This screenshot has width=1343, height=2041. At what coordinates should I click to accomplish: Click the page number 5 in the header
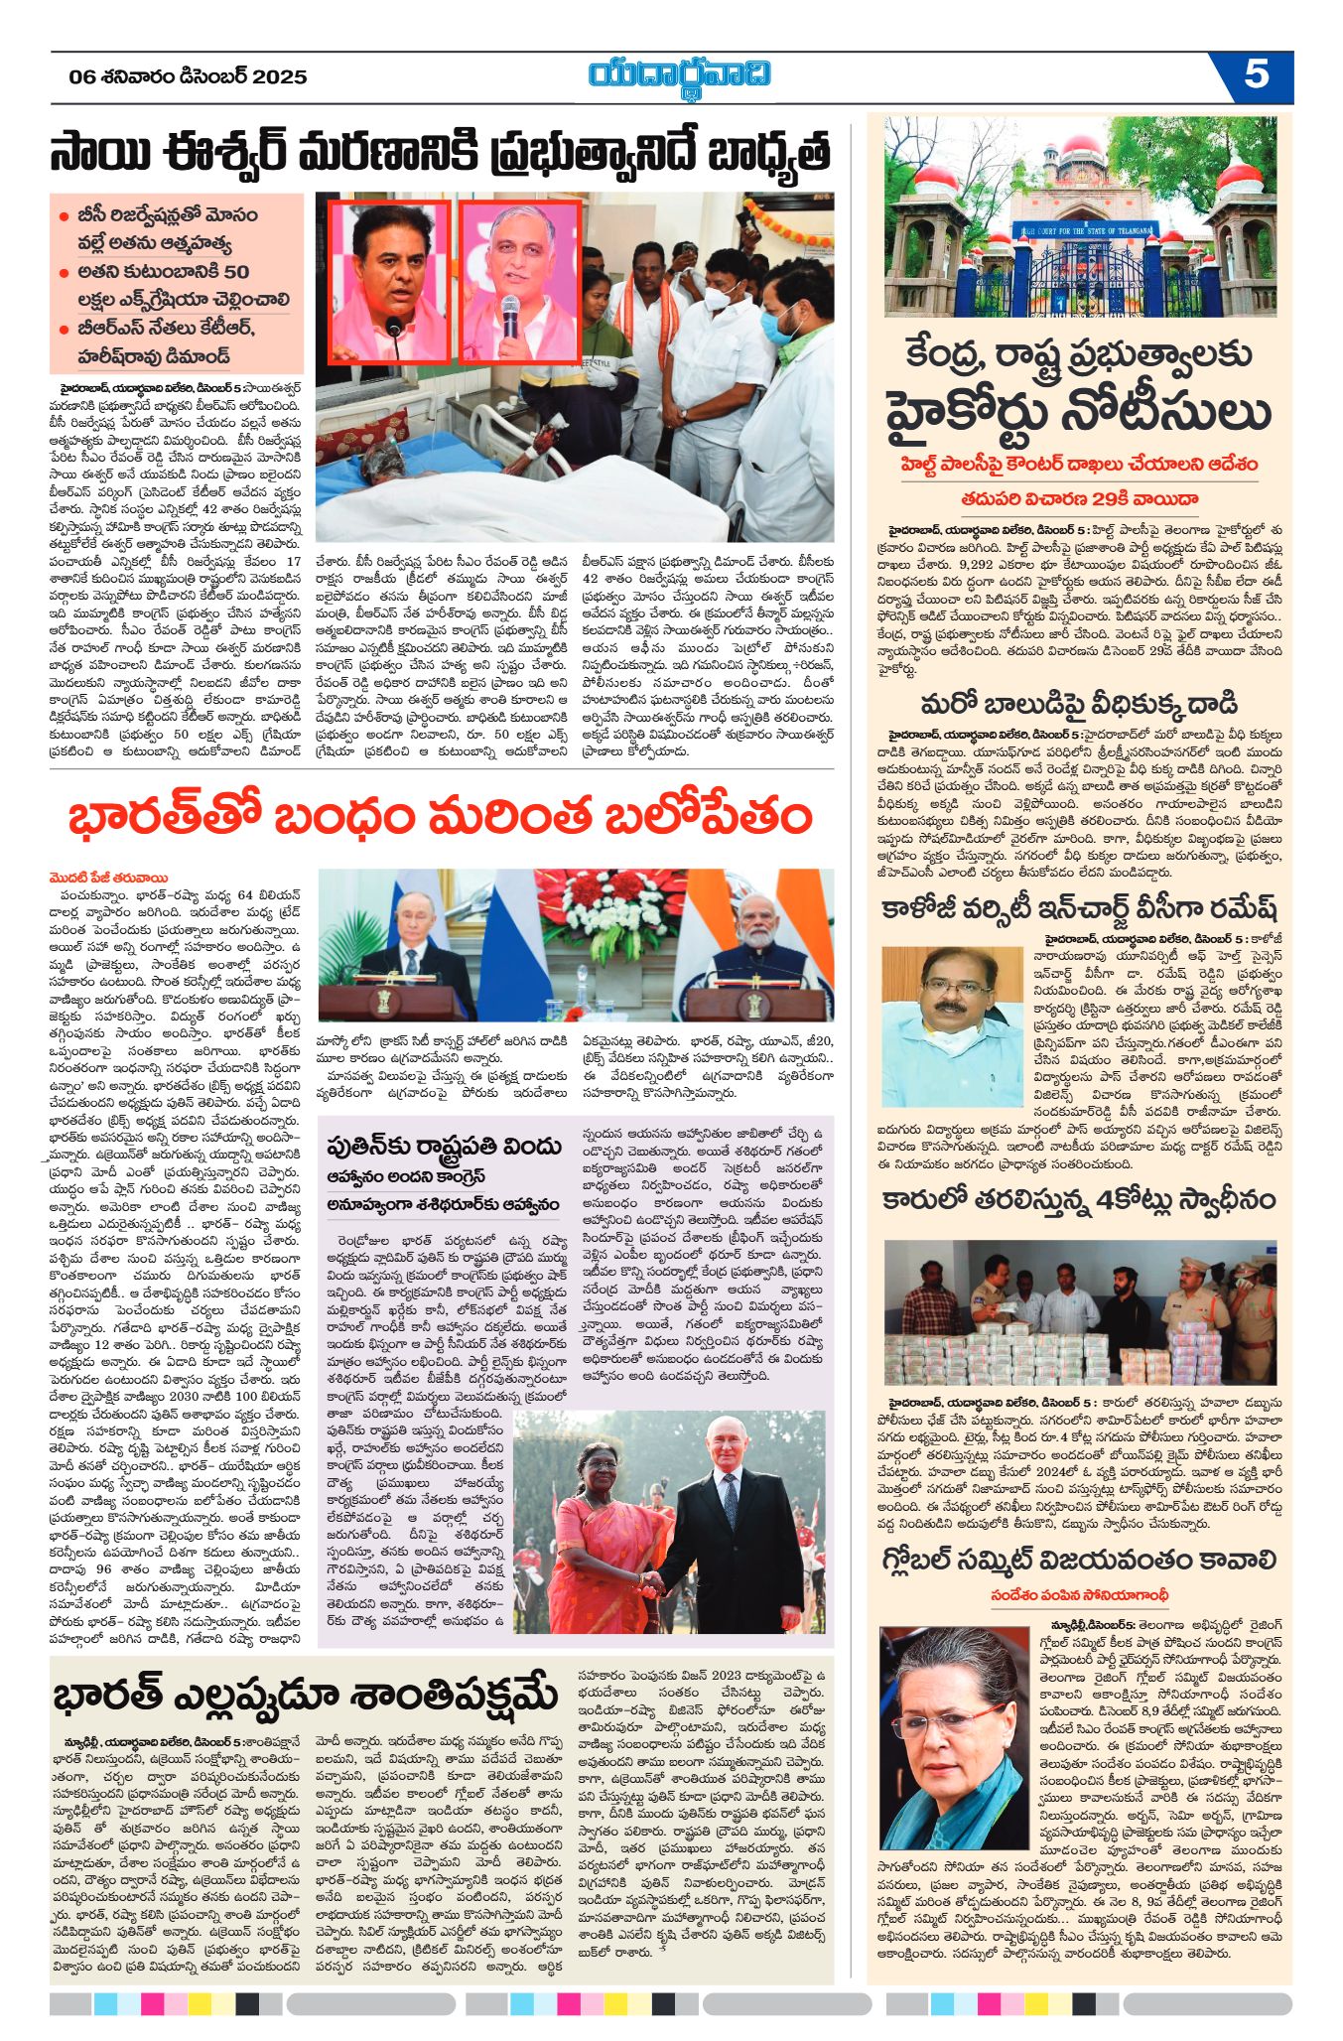[x=1256, y=74]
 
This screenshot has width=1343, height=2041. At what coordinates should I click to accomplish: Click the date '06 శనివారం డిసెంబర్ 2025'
[x=189, y=76]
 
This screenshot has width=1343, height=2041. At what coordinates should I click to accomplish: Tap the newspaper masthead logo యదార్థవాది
[x=680, y=76]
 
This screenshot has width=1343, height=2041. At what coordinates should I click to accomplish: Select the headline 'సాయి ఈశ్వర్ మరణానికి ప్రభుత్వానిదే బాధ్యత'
[x=441, y=154]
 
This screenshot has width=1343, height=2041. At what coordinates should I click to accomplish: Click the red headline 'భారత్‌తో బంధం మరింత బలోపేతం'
[x=441, y=817]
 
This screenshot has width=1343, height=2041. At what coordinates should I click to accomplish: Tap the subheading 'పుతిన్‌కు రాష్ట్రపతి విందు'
[x=444, y=1146]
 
